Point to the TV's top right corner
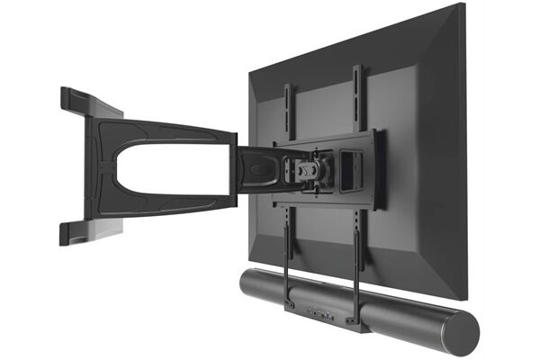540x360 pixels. coord(461,7)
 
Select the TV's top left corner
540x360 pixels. coord(250,65)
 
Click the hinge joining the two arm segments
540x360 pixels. coord(236,166)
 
